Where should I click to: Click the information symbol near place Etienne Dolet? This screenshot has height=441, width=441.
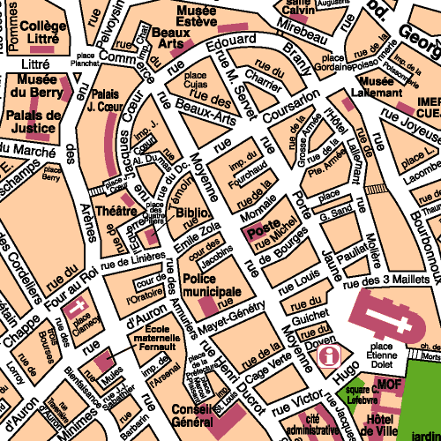[x=330, y=355]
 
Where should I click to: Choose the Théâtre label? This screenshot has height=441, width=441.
[x=116, y=212]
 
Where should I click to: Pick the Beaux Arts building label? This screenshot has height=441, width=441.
[x=171, y=37]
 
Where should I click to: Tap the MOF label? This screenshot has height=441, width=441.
[x=389, y=385]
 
